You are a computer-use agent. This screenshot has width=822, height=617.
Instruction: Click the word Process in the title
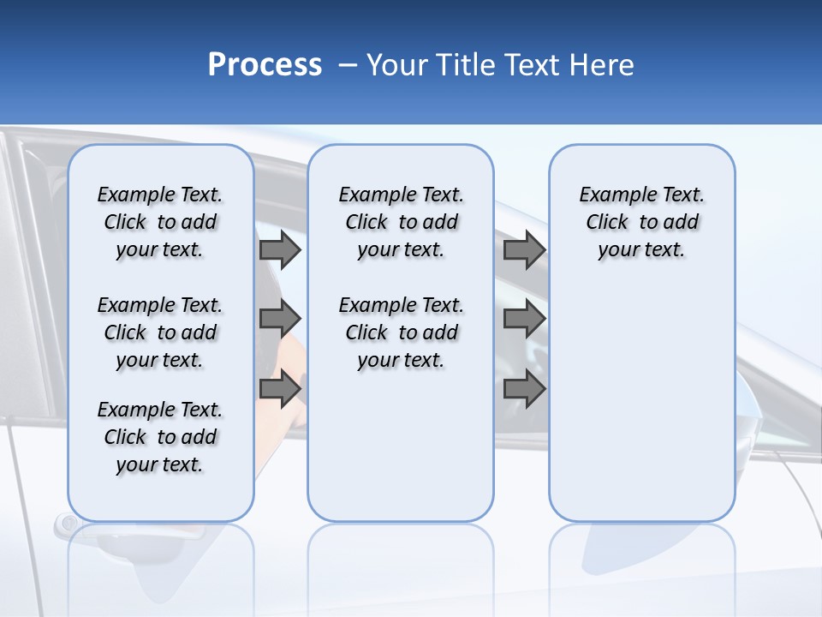(265, 65)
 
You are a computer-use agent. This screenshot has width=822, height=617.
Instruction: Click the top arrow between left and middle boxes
(280, 249)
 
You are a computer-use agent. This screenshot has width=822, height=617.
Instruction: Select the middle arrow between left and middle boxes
(280, 319)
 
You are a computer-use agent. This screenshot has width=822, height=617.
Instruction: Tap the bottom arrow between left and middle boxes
(280, 389)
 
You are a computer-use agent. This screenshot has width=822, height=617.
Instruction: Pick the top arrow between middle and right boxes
(524, 249)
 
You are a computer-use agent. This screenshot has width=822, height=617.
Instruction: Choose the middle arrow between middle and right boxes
(524, 319)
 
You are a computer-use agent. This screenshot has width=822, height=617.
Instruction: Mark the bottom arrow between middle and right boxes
(524, 389)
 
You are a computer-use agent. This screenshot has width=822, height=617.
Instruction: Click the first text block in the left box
(160, 222)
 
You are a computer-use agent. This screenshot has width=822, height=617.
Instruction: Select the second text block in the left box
(160, 332)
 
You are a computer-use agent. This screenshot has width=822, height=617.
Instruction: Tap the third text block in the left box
(160, 437)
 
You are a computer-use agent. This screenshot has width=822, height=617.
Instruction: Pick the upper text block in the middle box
(401, 222)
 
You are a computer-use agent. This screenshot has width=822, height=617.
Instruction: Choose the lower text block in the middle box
(401, 332)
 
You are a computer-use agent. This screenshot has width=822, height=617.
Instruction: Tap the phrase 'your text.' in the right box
(641, 249)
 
